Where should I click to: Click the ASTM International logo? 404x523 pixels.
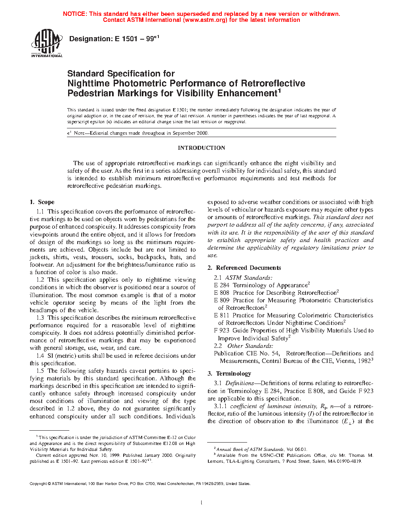47,43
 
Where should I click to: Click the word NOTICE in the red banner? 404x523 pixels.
74,14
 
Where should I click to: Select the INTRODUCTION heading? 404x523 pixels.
201,148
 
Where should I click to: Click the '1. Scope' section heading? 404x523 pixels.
42,202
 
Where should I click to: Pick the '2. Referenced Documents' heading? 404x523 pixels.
244,268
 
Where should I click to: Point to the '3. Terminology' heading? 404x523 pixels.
229,374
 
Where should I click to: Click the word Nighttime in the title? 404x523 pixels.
89,84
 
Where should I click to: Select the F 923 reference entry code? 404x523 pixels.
221,330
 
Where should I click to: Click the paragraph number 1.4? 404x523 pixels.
40,356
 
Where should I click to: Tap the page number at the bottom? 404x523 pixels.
202,503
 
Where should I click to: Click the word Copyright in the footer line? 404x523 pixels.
38,484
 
